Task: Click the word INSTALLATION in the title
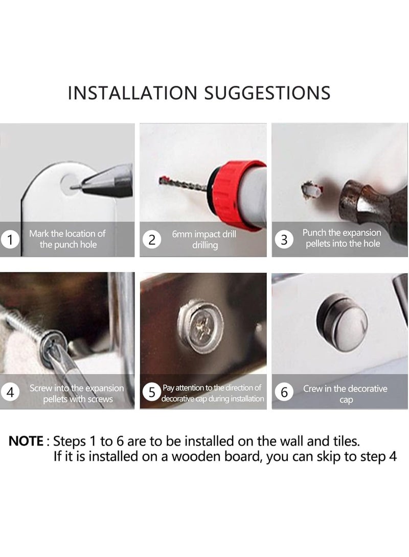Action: tap(132, 93)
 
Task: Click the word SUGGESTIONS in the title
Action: tap(267, 93)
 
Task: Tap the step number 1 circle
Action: tap(10, 239)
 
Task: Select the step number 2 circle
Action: tap(152, 240)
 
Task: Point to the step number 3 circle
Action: tap(284, 239)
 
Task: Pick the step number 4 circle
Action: tap(10, 393)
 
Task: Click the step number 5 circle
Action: tap(152, 393)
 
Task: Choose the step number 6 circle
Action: tap(284, 392)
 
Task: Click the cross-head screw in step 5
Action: tap(201, 325)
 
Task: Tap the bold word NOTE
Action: tap(26, 441)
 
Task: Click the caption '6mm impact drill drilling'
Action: tap(204, 239)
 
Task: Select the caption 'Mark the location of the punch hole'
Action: tap(67, 239)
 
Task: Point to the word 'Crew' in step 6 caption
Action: tap(312, 389)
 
